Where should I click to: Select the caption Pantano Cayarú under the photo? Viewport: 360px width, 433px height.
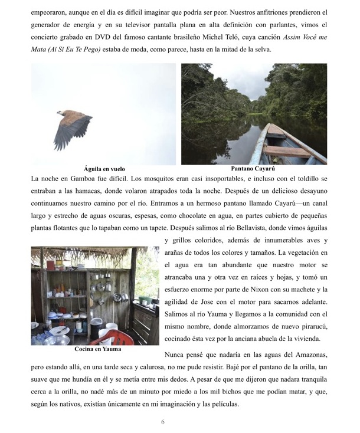pos(254,168)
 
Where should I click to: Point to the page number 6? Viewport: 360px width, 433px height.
pos(162,422)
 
